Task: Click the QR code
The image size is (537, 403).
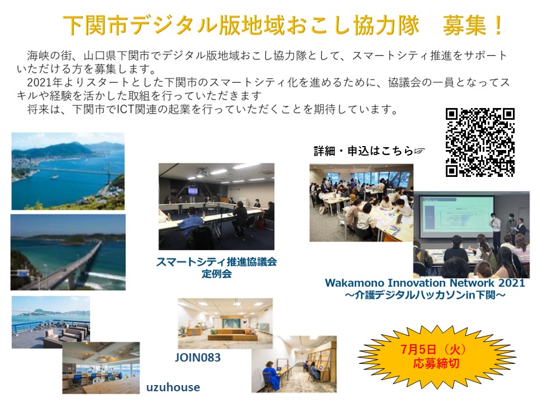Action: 480,142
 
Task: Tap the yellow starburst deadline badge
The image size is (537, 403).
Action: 437,357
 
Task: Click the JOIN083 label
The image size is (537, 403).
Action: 197,358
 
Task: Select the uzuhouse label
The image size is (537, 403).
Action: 173,387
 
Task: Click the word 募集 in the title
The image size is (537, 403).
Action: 464,25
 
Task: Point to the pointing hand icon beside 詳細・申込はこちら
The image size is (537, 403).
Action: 420,151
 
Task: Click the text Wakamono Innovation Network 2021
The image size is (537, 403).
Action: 425,283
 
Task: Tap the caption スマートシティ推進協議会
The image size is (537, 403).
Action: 216,262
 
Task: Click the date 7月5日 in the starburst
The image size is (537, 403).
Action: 418,349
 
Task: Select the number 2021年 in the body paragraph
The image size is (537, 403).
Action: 45,82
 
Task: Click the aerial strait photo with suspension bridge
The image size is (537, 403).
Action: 68,171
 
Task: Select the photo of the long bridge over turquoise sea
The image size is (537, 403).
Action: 68,252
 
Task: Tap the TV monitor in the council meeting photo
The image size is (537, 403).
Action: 192,191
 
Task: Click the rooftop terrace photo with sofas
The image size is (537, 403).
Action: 51,322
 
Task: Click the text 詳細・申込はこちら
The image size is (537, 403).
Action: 363,151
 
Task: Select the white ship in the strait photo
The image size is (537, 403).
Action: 54,177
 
